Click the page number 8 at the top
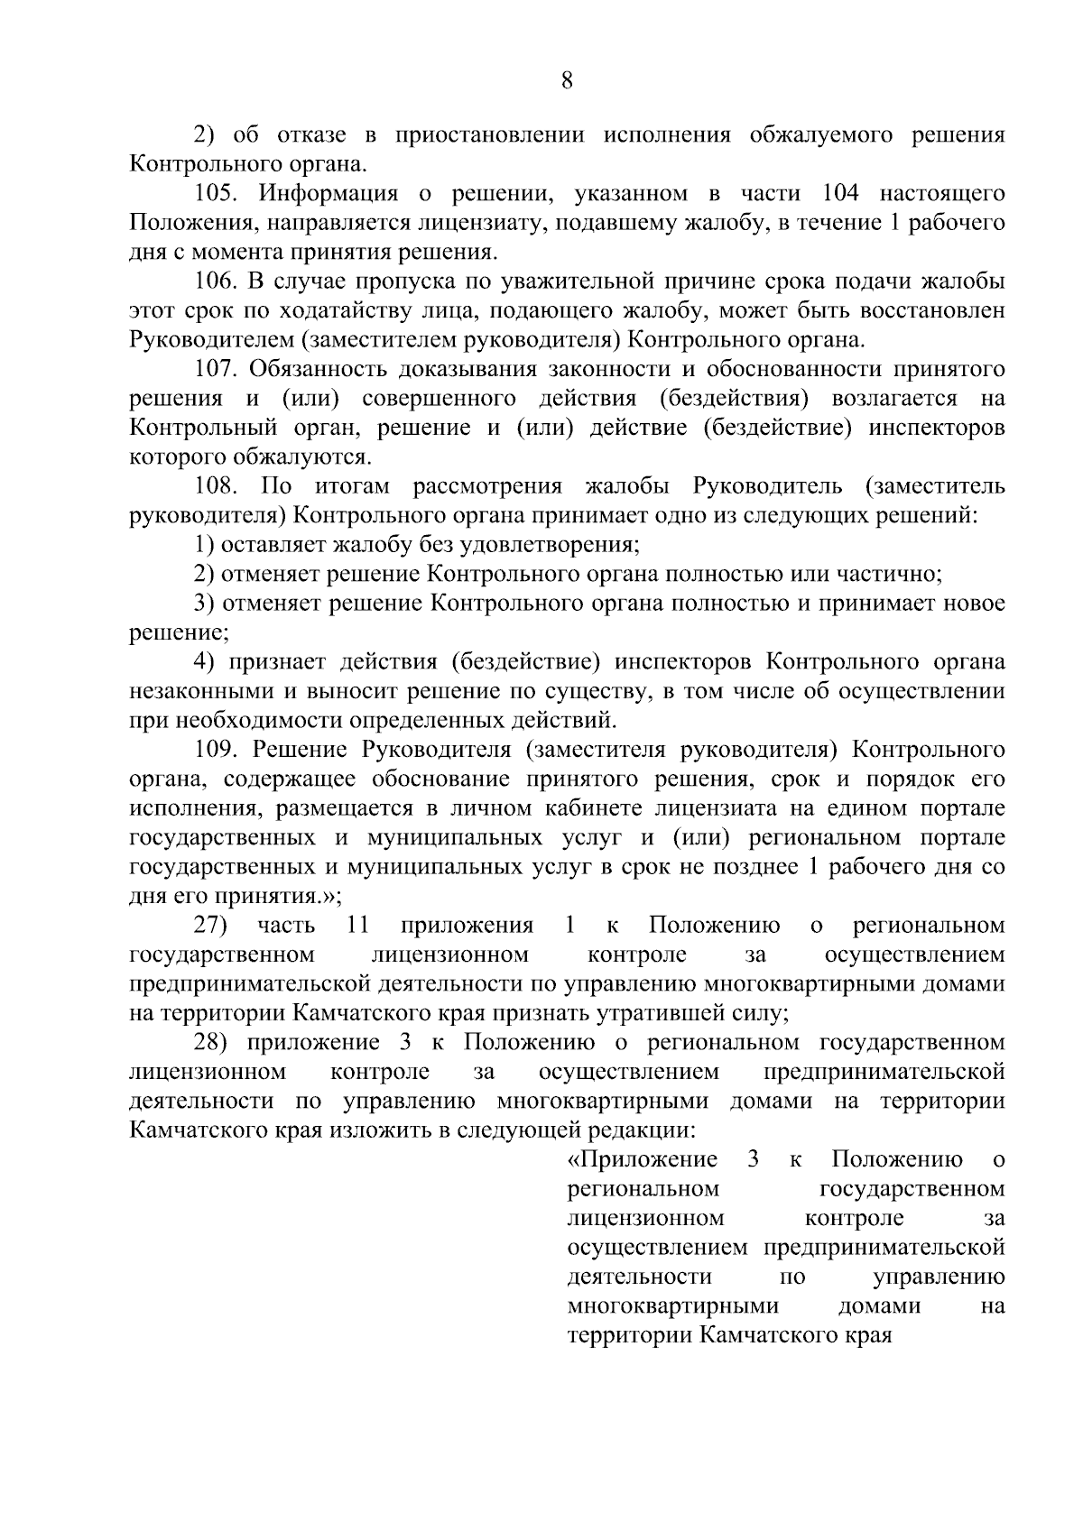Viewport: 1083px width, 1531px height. click(567, 81)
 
